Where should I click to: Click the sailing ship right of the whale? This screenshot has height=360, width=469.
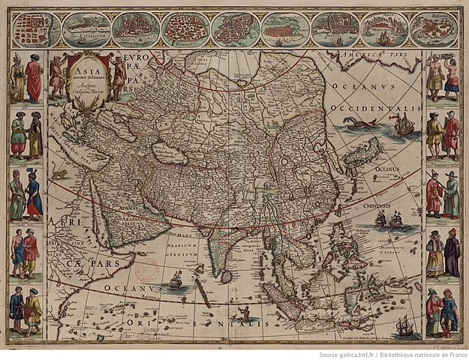(403, 124)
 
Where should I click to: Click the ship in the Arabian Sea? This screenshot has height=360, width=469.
(177, 280)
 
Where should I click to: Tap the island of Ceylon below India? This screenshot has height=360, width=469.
(225, 277)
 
